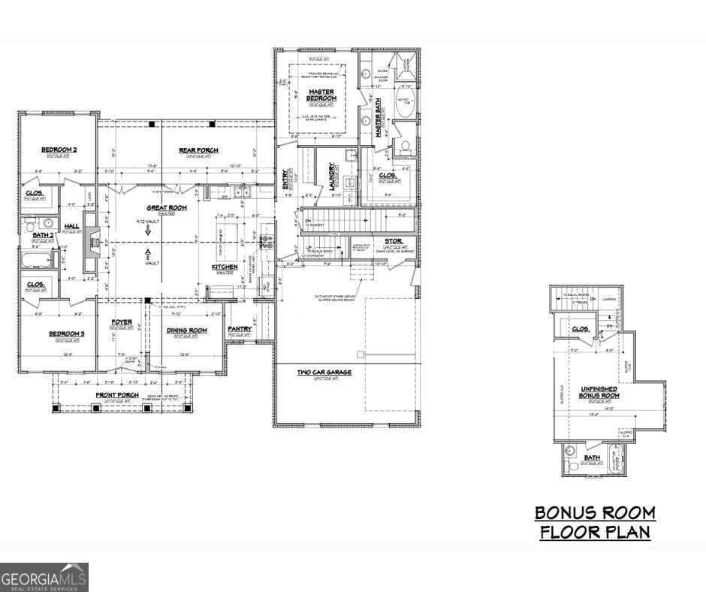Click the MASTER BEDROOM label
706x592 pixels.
point(321,95)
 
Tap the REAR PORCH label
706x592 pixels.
point(199,150)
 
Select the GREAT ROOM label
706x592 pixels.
point(166,207)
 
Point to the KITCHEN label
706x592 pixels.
point(225,267)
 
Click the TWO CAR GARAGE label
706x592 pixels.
point(324,372)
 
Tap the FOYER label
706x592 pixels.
point(122,322)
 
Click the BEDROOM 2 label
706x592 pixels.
point(59,150)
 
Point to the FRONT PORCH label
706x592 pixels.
point(116,395)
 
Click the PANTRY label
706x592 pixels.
point(240,329)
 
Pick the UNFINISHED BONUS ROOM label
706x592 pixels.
point(599,391)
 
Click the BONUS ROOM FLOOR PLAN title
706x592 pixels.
point(594,523)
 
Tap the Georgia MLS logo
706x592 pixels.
point(44,577)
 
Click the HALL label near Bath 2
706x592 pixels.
point(71,226)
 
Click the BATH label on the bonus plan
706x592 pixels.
point(593,458)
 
